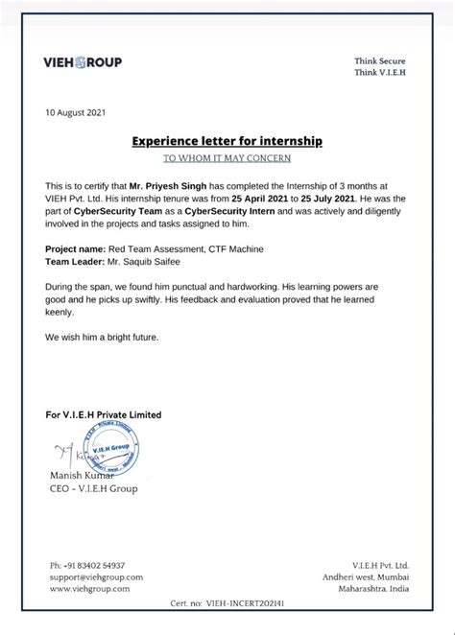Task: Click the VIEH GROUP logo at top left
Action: [84, 62]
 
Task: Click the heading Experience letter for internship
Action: [227, 141]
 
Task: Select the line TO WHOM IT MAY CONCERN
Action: [227, 157]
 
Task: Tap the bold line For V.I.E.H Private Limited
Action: [104, 414]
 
